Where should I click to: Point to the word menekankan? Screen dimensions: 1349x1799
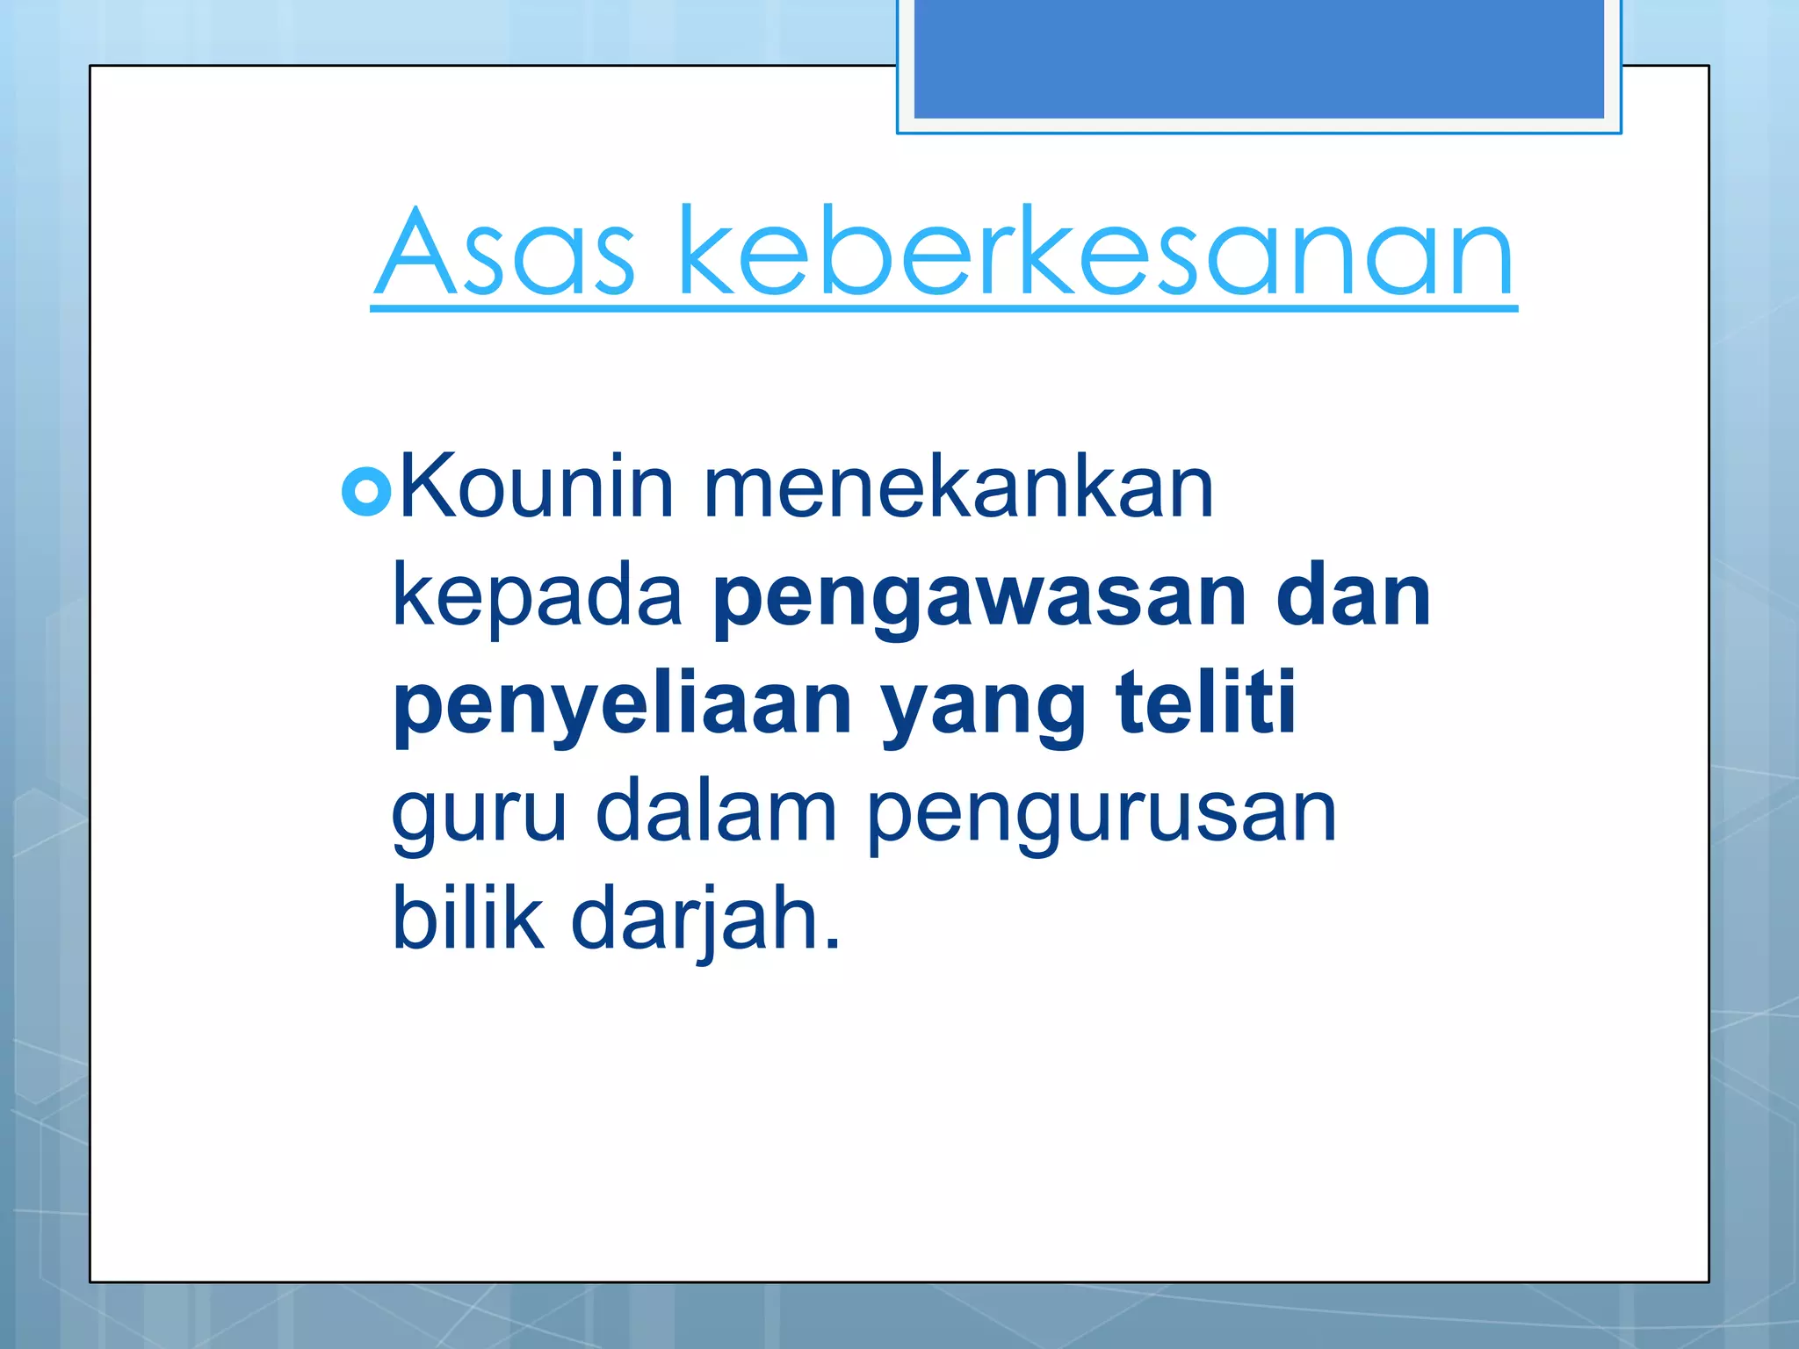point(957,487)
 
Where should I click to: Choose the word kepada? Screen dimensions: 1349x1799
point(537,596)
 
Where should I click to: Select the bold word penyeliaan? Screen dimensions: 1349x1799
point(623,708)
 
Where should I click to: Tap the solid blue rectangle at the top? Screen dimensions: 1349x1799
point(1259,58)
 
